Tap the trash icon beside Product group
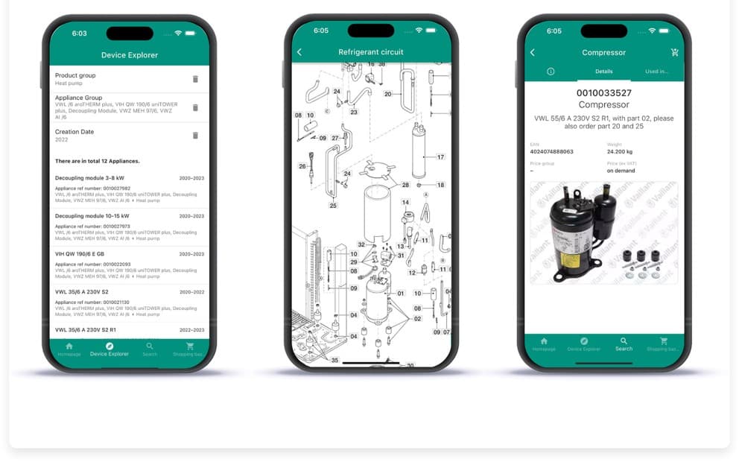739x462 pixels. click(x=195, y=79)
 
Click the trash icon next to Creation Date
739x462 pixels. click(x=195, y=136)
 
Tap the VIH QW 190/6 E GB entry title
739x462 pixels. click(x=80, y=254)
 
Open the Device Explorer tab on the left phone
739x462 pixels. click(x=109, y=349)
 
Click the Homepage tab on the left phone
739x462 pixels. click(x=69, y=349)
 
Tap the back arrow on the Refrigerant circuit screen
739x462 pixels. click(x=299, y=52)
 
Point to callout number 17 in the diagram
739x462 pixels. click(x=440, y=157)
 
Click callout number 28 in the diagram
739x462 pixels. click(x=405, y=185)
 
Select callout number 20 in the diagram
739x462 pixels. click(x=387, y=94)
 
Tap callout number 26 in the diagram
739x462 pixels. click(x=302, y=166)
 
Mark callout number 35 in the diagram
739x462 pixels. click(x=334, y=360)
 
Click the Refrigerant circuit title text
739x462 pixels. click(x=370, y=52)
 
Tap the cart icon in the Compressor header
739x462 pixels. click(x=674, y=53)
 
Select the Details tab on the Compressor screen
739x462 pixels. click(x=603, y=72)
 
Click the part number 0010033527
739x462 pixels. click(x=603, y=93)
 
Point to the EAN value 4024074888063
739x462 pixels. click(x=551, y=151)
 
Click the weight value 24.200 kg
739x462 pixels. click(x=621, y=151)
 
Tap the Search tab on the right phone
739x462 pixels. click(x=624, y=344)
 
